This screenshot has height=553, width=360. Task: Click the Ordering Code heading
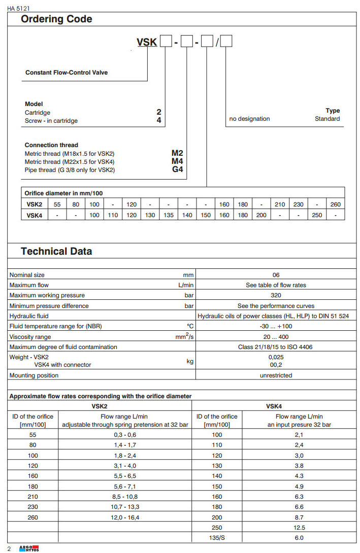[x=56, y=19]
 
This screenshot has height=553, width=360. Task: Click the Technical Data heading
[x=56, y=251]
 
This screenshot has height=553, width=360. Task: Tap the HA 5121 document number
[x=18, y=8]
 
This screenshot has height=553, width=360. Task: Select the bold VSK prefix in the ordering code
[x=147, y=42]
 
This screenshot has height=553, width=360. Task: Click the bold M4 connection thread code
[x=177, y=161]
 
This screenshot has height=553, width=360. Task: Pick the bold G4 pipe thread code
[x=177, y=169]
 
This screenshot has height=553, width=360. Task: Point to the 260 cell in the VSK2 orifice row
[x=335, y=205]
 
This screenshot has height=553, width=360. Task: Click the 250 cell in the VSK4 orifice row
[x=317, y=215]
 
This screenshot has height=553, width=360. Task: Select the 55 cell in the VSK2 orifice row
[x=57, y=205]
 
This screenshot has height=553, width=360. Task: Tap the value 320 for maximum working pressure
[x=276, y=295]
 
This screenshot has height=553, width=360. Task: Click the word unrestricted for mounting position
[x=276, y=375]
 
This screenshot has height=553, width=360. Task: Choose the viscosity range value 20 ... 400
[x=276, y=337]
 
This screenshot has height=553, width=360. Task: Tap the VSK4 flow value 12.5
[x=299, y=528]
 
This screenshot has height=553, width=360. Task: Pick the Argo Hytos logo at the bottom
[x=28, y=548]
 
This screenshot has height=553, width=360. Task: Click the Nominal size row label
[x=27, y=275]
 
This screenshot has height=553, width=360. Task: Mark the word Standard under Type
[x=327, y=119]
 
